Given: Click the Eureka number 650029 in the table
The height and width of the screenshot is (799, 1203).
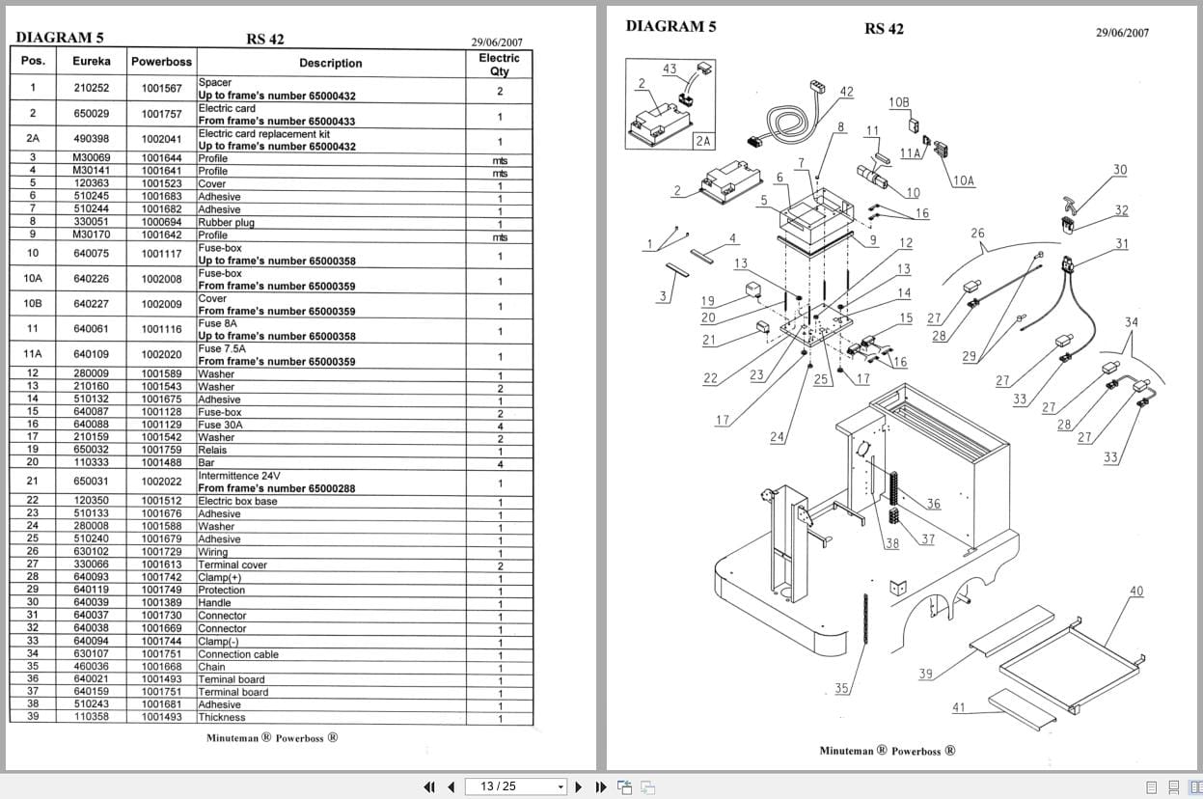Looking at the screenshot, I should [92, 114].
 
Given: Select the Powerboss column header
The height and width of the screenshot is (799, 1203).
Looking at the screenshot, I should [161, 62].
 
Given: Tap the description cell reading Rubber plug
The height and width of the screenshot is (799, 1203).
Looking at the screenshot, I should [226, 222].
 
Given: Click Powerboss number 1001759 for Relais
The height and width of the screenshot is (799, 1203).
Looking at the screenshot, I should [161, 450].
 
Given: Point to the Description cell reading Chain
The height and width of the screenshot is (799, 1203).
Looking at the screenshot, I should [211, 667].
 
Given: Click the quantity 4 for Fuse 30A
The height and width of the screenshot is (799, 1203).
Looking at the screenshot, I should [500, 425].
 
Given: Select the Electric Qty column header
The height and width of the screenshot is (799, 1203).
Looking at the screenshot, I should [499, 64].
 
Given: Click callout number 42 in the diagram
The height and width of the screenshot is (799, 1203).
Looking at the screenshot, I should [846, 92].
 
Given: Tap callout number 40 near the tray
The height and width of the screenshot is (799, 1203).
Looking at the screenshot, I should [1136, 592].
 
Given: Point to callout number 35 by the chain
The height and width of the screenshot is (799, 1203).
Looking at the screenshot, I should [842, 688].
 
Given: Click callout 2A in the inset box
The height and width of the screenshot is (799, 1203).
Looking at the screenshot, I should [702, 141].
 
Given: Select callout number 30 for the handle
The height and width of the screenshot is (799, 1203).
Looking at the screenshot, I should [1119, 170].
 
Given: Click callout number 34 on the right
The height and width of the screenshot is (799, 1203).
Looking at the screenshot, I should [1131, 322].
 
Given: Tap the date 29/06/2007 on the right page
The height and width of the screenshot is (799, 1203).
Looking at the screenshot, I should [1122, 32].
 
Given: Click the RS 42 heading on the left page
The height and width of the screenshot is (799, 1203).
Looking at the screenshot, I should [265, 40].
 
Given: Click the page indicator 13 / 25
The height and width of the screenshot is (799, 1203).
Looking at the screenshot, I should [498, 786].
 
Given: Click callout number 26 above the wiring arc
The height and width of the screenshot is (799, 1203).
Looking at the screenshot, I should [977, 234].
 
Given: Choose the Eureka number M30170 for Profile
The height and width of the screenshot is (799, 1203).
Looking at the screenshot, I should [92, 234].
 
